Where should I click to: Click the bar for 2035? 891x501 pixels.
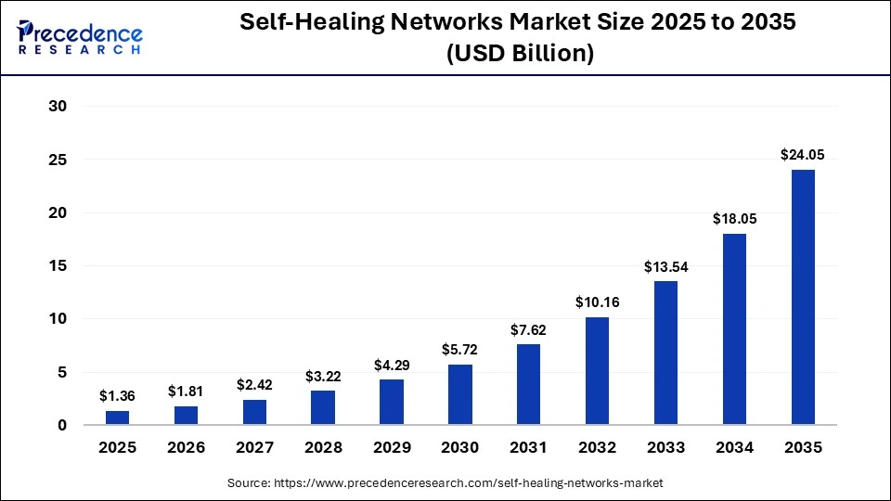[x=803, y=297]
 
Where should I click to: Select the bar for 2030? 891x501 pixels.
[x=460, y=394]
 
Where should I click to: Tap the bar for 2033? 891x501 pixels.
[x=665, y=353]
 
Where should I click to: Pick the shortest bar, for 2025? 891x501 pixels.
[x=118, y=417]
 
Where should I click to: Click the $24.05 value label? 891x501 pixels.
[x=803, y=154]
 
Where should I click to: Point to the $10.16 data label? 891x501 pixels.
[x=597, y=302]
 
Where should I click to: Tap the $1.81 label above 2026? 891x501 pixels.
[x=187, y=391]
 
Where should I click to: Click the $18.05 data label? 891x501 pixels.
[x=734, y=218]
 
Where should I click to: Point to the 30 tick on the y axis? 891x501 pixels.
[x=58, y=107]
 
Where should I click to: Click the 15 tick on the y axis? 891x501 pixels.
[x=58, y=266]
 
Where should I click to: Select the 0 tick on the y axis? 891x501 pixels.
[x=62, y=426]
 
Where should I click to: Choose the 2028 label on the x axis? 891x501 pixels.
[x=323, y=447]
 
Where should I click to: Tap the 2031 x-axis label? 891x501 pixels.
[x=529, y=447]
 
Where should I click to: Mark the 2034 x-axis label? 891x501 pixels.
[x=734, y=447]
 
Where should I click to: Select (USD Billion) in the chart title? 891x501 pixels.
[x=520, y=54]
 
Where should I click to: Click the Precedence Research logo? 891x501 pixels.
[x=80, y=37]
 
